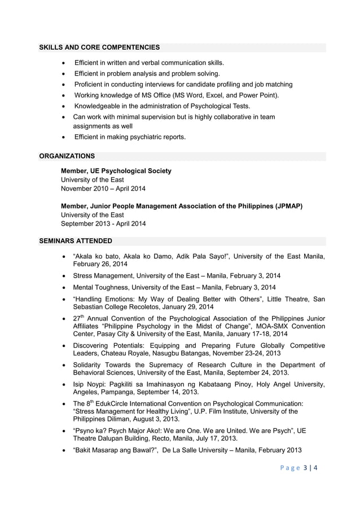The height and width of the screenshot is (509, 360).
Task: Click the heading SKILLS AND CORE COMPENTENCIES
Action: pyautogui.click(x=99, y=47)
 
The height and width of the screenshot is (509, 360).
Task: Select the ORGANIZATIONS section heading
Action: pyautogui.click(x=67, y=156)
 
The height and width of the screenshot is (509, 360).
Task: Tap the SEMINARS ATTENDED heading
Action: pyautogui.click(x=75, y=241)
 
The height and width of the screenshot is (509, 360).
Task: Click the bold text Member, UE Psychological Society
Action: pyautogui.click(x=116, y=170)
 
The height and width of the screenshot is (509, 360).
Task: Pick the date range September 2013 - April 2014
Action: pyautogui.click(x=103, y=223)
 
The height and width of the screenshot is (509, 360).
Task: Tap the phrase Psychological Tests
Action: pyautogui.click(x=218, y=106)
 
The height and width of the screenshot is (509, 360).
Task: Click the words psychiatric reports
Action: pyautogui.click(x=160, y=137)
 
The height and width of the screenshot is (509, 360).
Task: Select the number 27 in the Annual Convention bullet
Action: pyautogui.click(x=77, y=318)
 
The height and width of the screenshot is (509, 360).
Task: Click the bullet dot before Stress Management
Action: pyautogui.click(x=65, y=276)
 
